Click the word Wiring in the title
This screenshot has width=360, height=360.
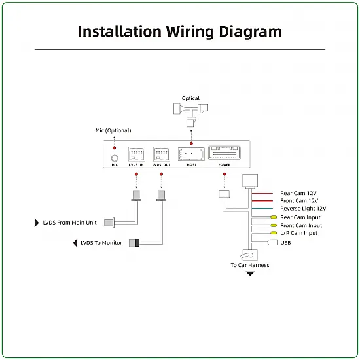(x=190, y=32)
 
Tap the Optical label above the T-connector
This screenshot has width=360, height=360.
(x=190, y=98)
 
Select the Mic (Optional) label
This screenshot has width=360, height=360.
(x=113, y=130)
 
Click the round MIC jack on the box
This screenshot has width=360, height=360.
(x=115, y=158)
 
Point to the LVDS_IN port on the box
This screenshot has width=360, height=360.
(x=136, y=154)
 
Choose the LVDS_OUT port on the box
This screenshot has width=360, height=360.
(x=162, y=154)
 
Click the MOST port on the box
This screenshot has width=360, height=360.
(x=191, y=154)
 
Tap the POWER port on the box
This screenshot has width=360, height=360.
(x=225, y=153)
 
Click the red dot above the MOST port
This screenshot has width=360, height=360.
(x=191, y=143)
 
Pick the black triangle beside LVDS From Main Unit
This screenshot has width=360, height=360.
(x=37, y=223)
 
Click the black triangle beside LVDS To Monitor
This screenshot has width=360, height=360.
(x=75, y=243)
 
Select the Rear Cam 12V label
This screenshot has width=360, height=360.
(x=298, y=193)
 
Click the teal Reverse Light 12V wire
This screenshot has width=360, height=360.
(x=262, y=209)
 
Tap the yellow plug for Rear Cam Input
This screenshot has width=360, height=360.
(x=274, y=217)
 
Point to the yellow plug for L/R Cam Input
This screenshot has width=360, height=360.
(x=274, y=233)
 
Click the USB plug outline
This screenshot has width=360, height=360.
(x=272, y=242)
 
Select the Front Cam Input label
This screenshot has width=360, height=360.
(x=301, y=225)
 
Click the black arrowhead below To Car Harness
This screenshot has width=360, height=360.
(x=250, y=274)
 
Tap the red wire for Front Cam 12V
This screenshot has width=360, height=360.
(x=262, y=201)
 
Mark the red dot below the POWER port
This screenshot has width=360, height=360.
(x=225, y=174)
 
